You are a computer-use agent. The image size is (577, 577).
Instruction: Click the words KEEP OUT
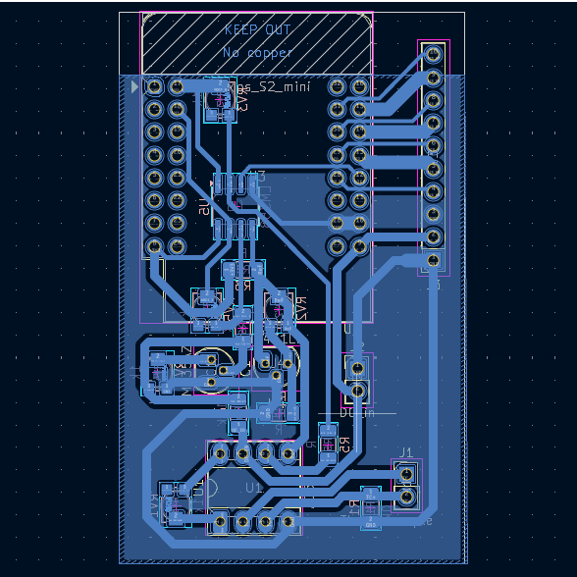257,30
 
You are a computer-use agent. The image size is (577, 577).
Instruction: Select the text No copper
257,51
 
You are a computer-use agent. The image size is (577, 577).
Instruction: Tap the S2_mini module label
270,88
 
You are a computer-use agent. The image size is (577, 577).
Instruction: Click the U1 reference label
254,487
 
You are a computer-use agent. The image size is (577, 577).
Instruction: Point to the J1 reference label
404,452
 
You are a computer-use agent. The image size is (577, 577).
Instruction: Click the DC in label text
356,414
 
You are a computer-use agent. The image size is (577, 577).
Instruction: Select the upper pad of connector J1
407,475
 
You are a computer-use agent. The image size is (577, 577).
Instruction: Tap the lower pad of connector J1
407,499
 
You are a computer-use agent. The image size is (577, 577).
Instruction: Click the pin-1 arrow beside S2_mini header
134,87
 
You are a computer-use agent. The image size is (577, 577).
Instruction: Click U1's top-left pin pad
218,452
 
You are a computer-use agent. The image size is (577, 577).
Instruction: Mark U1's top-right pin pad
288,452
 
